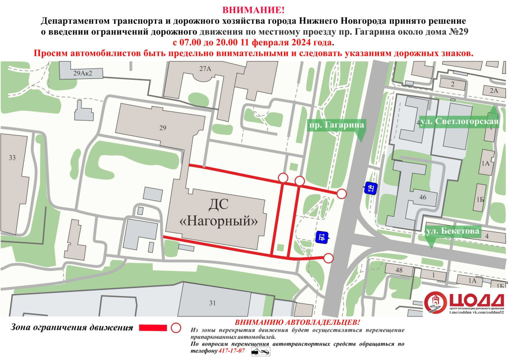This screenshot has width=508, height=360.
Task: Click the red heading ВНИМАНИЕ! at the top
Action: click(254, 10)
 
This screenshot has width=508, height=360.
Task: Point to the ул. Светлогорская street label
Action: click(459, 121)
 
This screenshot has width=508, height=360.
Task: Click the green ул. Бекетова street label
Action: click(452, 231)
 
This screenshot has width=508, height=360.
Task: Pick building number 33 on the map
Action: click(13, 158)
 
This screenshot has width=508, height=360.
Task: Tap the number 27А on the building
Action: click(205, 69)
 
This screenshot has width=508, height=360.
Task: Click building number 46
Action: click(423, 197)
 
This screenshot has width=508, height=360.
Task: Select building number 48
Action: click(399, 270)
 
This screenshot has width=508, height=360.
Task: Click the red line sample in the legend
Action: click(153, 328)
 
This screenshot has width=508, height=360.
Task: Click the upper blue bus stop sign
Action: click(371, 187)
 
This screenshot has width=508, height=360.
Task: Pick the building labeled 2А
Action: click(493, 90)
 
